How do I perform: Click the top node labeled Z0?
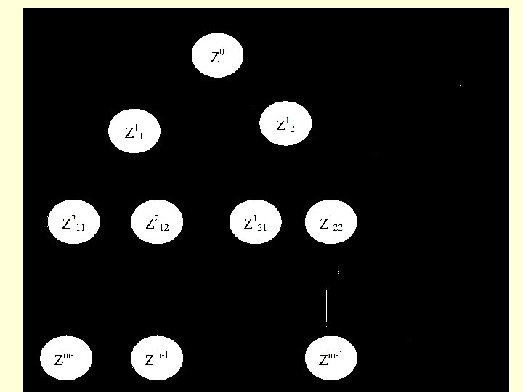pos(217,56)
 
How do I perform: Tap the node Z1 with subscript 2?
pos(285,123)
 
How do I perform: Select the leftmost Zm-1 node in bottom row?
pos(68,358)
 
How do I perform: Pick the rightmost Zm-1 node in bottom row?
pos(331,358)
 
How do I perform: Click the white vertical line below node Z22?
pos(326,306)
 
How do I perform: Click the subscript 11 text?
pos(80,226)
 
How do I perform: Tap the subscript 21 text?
pos(261,226)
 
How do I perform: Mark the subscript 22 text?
pos(338,226)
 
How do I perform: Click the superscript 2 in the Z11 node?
pos(73,216)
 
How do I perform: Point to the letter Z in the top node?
pos(214,58)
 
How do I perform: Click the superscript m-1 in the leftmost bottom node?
pos(70,354)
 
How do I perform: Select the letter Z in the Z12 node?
pos(151,223)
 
